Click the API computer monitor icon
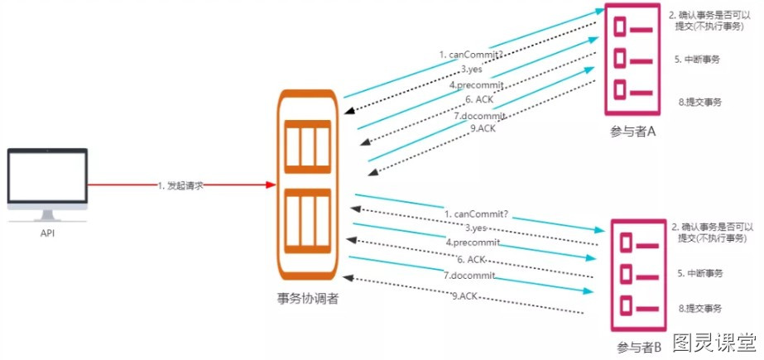click(x=47, y=185)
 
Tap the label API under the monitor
click(x=47, y=233)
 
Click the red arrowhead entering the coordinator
click(x=271, y=185)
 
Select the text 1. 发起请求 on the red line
click(x=180, y=185)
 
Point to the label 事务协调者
click(x=307, y=299)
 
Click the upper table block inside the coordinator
click(x=307, y=146)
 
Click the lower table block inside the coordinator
click(x=307, y=221)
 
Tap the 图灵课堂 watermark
click(x=715, y=343)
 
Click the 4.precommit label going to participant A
click(x=476, y=84)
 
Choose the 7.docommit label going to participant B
click(x=469, y=276)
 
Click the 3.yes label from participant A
click(x=472, y=70)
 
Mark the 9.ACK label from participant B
click(x=464, y=295)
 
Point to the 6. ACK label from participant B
click(x=472, y=259)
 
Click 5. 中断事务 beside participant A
click(x=697, y=60)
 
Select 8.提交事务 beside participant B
click(x=699, y=309)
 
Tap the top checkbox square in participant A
click(x=619, y=26)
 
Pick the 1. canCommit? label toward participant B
click(x=477, y=214)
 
